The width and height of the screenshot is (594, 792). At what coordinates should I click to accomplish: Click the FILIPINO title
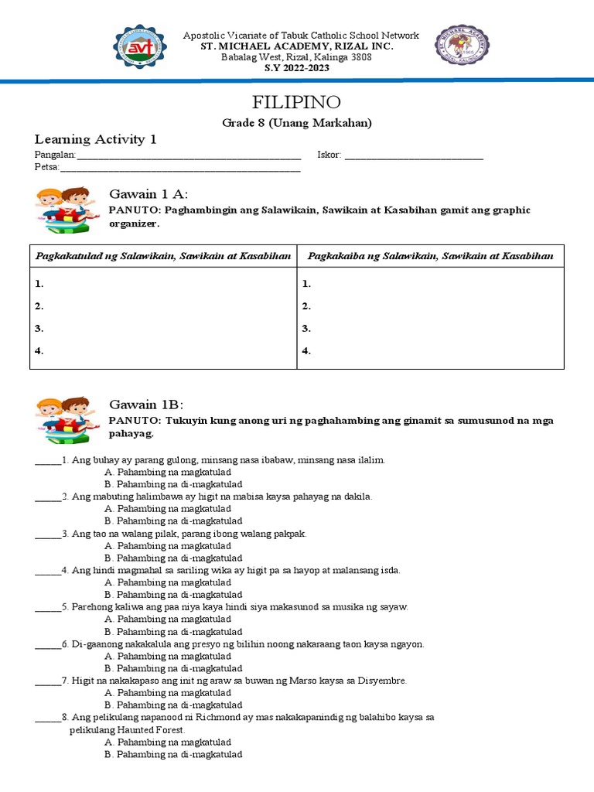[x=297, y=103]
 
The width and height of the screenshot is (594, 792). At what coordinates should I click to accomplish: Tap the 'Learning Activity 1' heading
[x=95, y=139]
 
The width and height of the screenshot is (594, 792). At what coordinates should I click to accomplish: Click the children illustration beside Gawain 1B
[x=64, y=418]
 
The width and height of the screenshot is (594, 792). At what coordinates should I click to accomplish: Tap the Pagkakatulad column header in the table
[x=163, y=256]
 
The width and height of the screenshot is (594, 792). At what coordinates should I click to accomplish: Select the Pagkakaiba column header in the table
[x=431, y=256]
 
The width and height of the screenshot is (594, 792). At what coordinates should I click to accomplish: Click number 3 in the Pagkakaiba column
[x=306, y=329]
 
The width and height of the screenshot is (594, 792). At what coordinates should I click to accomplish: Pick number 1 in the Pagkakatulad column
[x=39, y=284]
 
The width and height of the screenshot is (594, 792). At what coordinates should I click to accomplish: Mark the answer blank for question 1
[x=47, y=460]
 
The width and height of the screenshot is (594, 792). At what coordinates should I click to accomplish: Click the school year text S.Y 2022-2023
[x=297, y=68]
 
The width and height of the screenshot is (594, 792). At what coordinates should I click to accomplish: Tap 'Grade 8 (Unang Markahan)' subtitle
[x=297, y=123]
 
